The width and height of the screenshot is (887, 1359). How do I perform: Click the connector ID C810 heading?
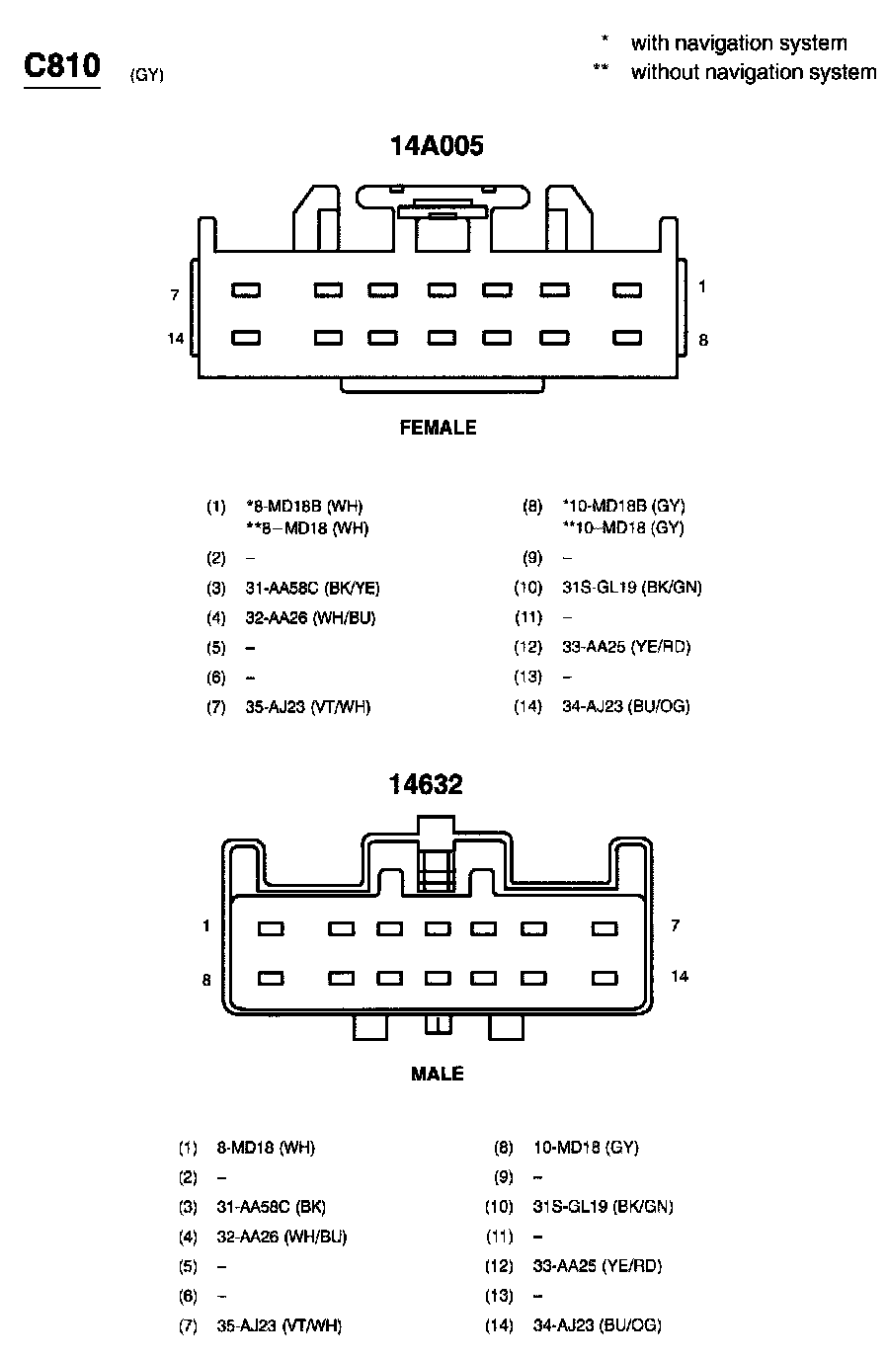pos(62,67)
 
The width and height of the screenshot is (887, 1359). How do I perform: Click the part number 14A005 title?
pos(437,146)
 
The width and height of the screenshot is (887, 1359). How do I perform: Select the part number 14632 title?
pos(426,784)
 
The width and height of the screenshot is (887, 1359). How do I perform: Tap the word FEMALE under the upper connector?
pos(438,428)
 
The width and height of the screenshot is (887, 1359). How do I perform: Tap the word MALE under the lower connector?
pos(437,1074)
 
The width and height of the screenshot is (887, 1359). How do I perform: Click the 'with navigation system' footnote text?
pos(738,43)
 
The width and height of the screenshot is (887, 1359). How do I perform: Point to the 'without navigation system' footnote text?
pos(753,72)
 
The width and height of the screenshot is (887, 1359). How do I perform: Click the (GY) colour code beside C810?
pos(146,76)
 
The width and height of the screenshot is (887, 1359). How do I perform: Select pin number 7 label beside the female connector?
pos(174,294)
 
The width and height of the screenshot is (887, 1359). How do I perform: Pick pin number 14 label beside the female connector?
pos(176,339)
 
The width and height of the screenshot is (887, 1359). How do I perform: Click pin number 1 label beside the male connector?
pos(206,925)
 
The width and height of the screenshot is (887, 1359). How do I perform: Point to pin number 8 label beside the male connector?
pos(206,980)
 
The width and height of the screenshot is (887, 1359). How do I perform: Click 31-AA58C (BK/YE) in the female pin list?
pos(312,588)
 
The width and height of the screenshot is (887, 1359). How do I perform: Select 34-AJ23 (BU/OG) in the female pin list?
pos(625,706)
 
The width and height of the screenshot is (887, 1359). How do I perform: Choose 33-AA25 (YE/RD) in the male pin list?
pos(597,1265)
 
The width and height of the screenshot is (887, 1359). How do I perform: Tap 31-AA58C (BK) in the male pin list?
pos(271,1206)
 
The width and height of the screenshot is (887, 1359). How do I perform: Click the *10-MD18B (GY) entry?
pos(623,507)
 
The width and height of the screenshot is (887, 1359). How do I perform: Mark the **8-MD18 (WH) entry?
pos(307,528)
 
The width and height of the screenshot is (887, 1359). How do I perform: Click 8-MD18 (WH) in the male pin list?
pos(266,1148)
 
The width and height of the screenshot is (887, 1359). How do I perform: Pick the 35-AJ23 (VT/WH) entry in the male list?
pos(279,1325)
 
